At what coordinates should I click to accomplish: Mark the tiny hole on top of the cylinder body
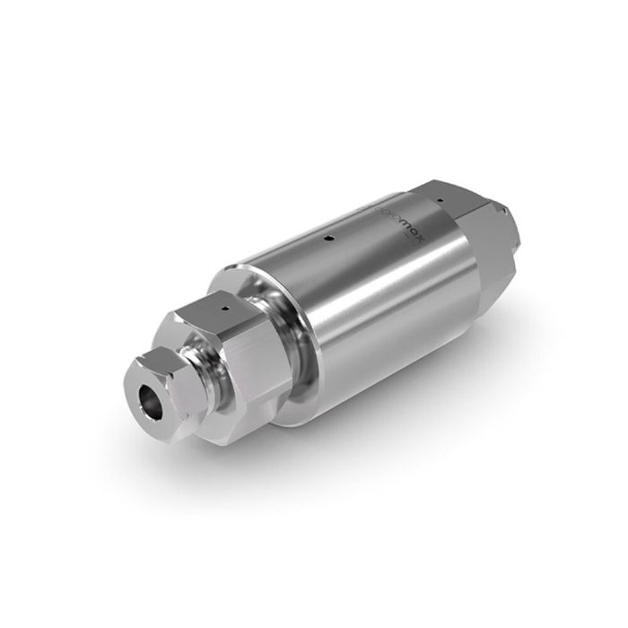(329, 239)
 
